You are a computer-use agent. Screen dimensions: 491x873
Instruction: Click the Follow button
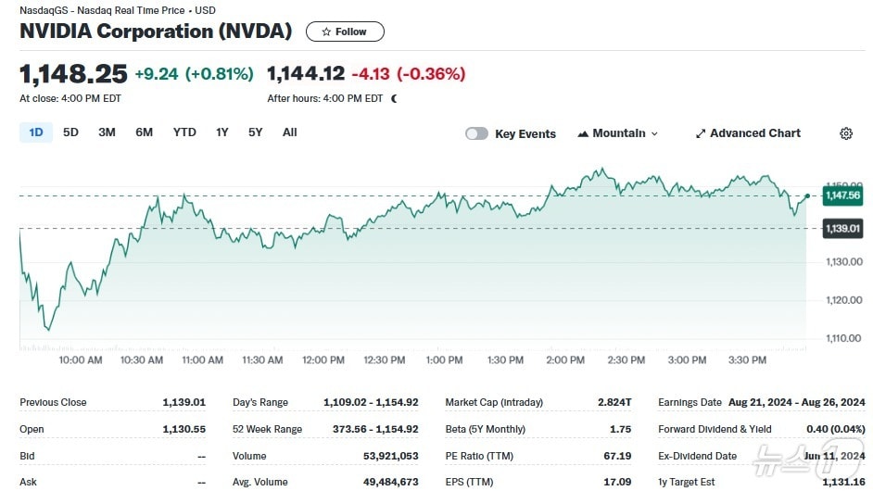345,31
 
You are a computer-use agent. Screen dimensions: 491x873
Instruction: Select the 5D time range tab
70,132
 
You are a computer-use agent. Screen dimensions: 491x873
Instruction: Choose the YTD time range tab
184,132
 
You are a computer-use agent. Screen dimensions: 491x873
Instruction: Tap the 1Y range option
222,132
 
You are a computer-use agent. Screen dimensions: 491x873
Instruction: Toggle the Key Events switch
476,133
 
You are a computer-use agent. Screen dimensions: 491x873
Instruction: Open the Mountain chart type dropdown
617,133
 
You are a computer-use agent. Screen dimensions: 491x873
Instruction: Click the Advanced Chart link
748,133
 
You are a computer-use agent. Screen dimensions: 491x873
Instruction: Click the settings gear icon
846,133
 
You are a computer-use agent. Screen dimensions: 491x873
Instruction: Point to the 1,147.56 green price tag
841,195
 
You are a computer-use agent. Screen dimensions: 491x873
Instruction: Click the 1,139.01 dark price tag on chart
841,228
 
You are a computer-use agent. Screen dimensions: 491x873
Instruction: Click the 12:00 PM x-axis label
323,360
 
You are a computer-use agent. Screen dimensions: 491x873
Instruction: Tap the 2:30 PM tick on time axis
626,360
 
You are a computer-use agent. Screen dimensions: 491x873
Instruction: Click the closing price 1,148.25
73,73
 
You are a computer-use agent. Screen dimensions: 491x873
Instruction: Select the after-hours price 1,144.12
306,73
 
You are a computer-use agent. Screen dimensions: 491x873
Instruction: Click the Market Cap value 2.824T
614,402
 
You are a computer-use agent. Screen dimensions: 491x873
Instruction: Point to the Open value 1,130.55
183,429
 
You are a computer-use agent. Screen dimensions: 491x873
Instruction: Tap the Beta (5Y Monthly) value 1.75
620,429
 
